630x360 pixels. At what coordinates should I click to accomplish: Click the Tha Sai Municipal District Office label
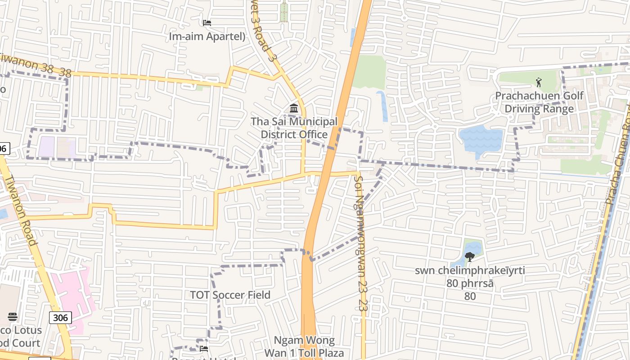pyautogui.click(x=294, y=128)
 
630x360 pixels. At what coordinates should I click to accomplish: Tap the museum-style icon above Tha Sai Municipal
pyautogui.click(x=294, y=108)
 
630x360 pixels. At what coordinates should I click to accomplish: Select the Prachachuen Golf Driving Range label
pyautogui.click(x=539, y=102)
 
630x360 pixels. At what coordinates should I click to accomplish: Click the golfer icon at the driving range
pyautogui.click(x=539, y=82)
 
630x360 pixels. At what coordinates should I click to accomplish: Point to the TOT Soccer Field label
pyautogui.click(x=230, y=295)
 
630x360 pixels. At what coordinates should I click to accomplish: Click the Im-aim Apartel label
pyautogui.click(x=207, y=36)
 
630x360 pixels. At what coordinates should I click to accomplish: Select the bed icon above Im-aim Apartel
pyautogui.click(x=207, y=22)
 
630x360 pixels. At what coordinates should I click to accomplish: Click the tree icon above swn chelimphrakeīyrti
pyautogui.click(x=470, y=257)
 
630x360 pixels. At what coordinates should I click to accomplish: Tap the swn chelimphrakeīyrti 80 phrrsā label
pyautogui.click(x=470, y=277)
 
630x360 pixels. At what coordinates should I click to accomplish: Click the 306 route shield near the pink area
pyautogui.click(x=60, y=318)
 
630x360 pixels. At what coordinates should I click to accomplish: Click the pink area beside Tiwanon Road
pyautogui.click(x=72, y=297)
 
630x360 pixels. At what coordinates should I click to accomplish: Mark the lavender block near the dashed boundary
pyautogui.click(x=47, y=147)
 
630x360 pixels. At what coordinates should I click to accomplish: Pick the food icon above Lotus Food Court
pyautogui.click(x=13, y=317)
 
